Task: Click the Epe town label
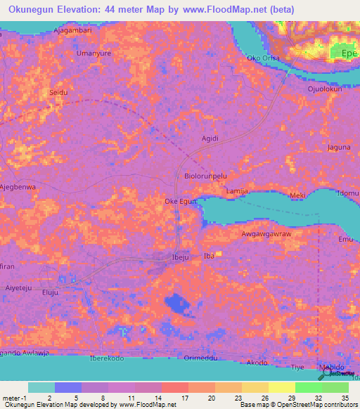click(349, 53)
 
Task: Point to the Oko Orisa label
click(264, 58)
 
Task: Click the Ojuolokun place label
click(323, 89)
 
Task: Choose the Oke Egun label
click(180, 202)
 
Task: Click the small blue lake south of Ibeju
click(175, 304)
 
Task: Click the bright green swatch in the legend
click(309, 387)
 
